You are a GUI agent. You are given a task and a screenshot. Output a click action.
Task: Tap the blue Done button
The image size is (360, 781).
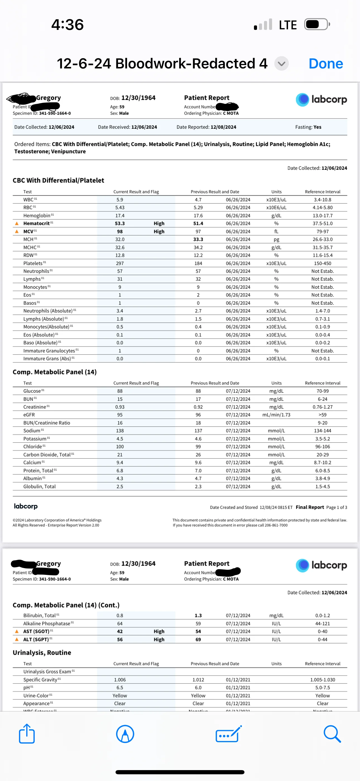click(325, 64)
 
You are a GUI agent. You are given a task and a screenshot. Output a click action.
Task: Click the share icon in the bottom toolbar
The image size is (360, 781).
click(27, 734)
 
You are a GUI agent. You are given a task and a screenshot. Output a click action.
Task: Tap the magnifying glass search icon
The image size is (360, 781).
click(332, 734)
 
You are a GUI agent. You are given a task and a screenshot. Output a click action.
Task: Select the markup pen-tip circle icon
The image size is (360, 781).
click(125, 734)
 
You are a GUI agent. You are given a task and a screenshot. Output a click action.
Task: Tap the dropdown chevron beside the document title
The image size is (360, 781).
click(282, 64)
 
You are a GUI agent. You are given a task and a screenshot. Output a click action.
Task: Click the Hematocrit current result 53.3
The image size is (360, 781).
click(120, 223)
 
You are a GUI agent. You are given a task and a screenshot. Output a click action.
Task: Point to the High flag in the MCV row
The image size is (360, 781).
click(159, 232)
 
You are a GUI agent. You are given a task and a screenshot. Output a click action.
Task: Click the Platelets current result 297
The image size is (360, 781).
click(120, 263)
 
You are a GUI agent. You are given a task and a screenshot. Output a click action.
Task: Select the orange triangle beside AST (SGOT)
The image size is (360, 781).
click(17, 631)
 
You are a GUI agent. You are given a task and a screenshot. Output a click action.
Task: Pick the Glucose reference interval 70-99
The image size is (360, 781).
click(322, 391)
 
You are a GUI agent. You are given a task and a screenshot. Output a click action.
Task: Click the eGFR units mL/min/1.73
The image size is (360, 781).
click(276, 415)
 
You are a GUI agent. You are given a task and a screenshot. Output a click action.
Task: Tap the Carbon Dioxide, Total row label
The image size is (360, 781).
click(47, 455)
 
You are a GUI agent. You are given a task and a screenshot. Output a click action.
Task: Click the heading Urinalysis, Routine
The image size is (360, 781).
click(42, 653)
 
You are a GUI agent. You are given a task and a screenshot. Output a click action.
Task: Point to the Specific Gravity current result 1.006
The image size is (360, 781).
click(120, 680)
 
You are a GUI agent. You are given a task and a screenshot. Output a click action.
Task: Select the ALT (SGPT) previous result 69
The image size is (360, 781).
click(198, 639)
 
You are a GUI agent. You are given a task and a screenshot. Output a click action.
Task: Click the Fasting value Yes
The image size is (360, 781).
click(317, 127)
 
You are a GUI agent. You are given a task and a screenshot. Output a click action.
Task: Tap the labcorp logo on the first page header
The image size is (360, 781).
click(321, 99)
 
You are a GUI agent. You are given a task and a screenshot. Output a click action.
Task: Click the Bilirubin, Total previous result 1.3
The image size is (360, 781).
click(198, 615)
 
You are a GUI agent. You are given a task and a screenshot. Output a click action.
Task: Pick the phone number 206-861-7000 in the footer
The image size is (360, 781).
click(276, 525)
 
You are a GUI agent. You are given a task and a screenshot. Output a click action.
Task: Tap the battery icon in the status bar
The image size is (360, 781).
click(317, 24)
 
